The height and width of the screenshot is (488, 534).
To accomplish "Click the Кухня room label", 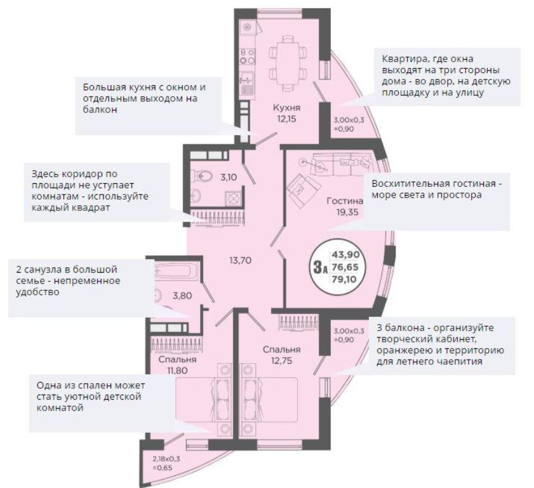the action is coord(286,108).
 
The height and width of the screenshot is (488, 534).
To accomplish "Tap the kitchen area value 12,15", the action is coord(286,119).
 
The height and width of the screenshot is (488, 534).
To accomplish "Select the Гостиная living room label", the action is coord(345,201).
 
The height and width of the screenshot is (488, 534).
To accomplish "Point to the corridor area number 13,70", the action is coord(241,261).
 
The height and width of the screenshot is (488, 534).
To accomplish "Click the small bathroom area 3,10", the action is coord(229,177).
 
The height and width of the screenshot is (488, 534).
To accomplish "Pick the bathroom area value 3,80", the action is coord(182,296).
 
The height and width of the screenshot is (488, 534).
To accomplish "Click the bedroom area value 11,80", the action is coord(177,370).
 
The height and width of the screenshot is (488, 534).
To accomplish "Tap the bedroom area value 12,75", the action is coord(282,360).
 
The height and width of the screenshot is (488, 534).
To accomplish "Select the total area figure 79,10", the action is coord(345,280).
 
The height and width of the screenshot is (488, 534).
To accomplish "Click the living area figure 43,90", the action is coord(345,254).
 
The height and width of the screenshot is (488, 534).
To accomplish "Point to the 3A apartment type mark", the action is coord(320,267).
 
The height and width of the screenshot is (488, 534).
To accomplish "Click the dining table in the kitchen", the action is coord(288,64).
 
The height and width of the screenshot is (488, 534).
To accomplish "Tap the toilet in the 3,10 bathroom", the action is coord(204,176).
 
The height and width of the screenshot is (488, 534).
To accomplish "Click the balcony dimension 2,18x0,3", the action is coord(166,459).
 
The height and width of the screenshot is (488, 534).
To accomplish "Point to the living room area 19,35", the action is coord(347,212).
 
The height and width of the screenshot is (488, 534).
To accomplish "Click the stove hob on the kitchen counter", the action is coord(248,57).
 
